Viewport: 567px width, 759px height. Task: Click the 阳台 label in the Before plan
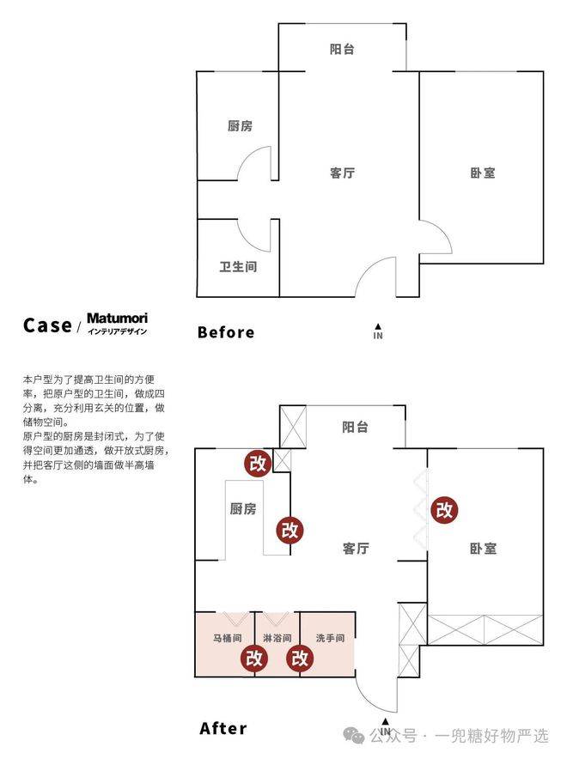tap(342, 49)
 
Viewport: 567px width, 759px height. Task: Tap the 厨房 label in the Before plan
tap(241, 126)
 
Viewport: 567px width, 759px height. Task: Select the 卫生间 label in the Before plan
tap(238, 267)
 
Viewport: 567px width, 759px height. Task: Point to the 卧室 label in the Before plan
tap(483, 173)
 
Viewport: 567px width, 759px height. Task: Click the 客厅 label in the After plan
tap(356, 549)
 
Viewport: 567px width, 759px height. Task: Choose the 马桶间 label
tap(228, 638)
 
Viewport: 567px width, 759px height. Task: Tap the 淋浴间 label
tap(277, 638)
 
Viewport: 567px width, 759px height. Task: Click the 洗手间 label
tap(330, 638)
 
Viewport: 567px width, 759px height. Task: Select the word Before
tap(226, 332)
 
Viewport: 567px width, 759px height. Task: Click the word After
tap(223, 728)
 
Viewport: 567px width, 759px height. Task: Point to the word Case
tap(47, 325)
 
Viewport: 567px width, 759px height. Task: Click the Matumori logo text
tap(117, 319)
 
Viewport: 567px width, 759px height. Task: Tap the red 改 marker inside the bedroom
tap(444, 510)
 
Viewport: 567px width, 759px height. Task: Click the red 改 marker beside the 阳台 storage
tap(258, 464)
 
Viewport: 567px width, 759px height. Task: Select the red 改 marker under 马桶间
tap(254, 659)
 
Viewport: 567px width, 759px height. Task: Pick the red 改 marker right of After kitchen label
tap(290, 530)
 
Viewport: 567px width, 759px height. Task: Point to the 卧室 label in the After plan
tap(483, 549)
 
